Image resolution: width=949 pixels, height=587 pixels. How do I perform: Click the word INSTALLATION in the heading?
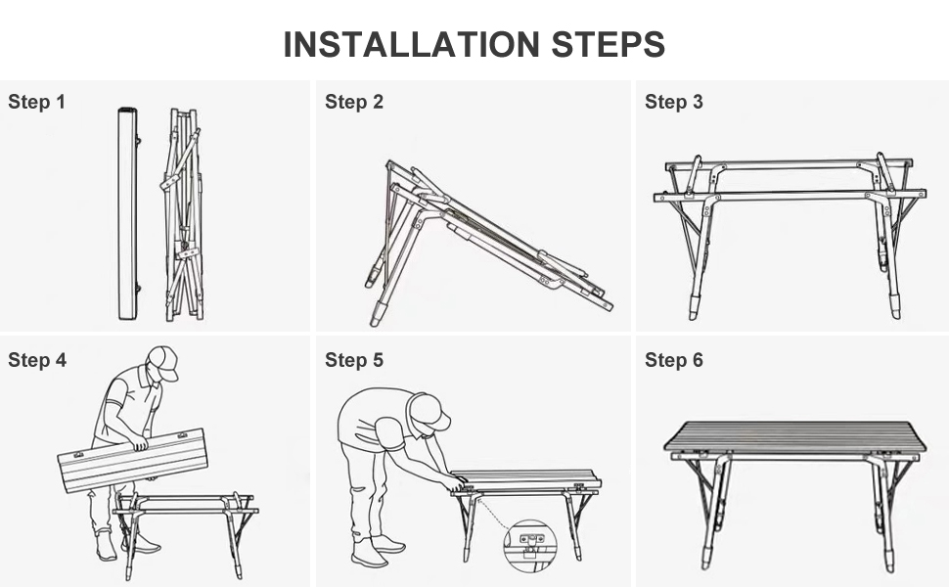point(411,44)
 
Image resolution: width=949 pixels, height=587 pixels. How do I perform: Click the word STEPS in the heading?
point(609,44)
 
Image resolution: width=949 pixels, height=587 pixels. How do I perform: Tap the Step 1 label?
point(36,102)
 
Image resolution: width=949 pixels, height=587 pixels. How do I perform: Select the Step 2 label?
point(354,102)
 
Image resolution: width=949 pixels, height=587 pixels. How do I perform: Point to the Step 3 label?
point(674,102)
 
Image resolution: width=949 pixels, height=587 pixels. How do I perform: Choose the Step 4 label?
point(37,360)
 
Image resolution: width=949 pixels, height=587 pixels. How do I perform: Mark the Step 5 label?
point(354,360)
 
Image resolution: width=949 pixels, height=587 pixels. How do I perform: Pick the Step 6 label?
point(674,360)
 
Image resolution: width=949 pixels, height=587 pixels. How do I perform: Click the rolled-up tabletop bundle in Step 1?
point(128,213)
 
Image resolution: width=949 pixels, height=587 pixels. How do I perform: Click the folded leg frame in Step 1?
point(182,215)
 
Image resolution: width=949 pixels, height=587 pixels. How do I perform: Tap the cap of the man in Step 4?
point(163,362)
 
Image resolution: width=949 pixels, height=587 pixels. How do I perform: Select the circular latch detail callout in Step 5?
point(531,545)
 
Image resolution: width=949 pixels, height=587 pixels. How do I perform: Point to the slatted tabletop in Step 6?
point(794,436)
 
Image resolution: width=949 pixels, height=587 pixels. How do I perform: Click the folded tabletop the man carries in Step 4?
point(133,461)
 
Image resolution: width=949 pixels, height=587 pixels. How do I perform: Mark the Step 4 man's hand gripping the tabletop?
point(141,444)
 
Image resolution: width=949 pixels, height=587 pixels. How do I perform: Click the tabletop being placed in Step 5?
point(526,479)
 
